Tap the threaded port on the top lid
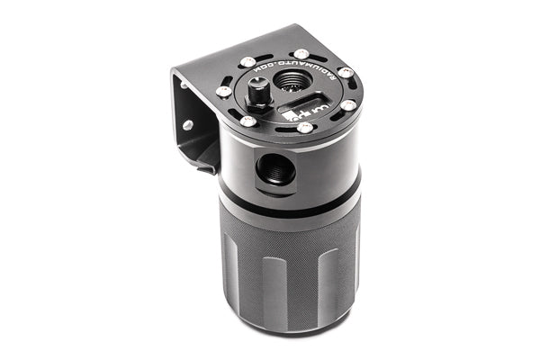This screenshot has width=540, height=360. click(x=291, y=81)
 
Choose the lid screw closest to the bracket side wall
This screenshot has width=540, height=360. click(x=222, y=91)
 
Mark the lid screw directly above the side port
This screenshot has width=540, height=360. click(x=245, y=121)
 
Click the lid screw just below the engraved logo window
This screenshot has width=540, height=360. click(x=305, y=128)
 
